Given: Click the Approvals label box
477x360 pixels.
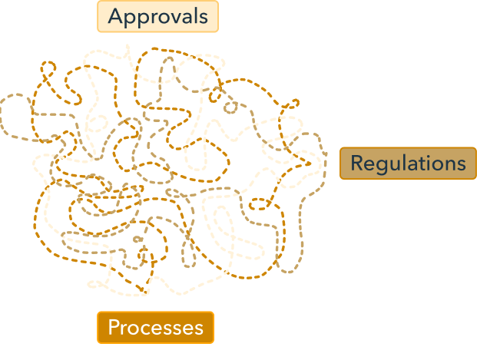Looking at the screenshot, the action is tap(157, 16).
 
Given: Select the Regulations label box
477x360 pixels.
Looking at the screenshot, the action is tap(408, 163).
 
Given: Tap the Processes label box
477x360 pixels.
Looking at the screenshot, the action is tap(155, 328).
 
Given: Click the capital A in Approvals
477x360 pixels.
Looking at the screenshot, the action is tap(115, 16).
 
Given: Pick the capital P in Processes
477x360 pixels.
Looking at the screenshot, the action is tap(114, 327).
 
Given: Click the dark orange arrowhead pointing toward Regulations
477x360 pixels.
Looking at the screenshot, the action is tap(308, 163).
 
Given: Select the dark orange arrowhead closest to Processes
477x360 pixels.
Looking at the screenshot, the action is tap(144, 289).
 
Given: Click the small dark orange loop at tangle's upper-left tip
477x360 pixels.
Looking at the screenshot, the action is tap(48, 67).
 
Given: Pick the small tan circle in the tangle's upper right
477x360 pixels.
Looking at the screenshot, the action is tap(230, 107).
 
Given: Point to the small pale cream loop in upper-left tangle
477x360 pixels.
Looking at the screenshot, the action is tap(98, 123).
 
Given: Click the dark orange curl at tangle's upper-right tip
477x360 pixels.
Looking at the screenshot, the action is tap(291, 104).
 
